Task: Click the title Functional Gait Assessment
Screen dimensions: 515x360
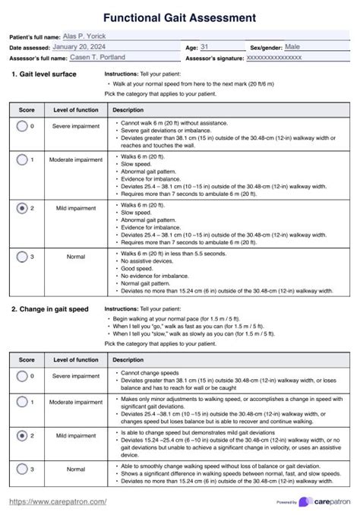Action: point(179,17)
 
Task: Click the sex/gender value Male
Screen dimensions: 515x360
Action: point(292,46)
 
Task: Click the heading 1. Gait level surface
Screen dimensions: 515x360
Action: point(43,74)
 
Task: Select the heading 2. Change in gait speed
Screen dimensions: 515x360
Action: point(49,310)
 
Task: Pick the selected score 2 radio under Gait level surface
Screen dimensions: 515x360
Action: point(22,207)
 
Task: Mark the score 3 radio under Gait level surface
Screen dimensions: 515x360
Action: point(22,257)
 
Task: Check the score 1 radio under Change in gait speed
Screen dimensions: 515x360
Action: point(22,403)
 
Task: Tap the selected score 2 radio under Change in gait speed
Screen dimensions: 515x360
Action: point(22,436)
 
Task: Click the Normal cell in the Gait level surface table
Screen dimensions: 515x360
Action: point(76,257)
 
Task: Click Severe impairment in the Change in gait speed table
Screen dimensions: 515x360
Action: point(76,376)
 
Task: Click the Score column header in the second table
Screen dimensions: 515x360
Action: point(27,359)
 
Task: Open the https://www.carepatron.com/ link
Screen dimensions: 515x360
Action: point(58,501)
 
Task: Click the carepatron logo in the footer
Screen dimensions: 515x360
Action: point(326,502)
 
